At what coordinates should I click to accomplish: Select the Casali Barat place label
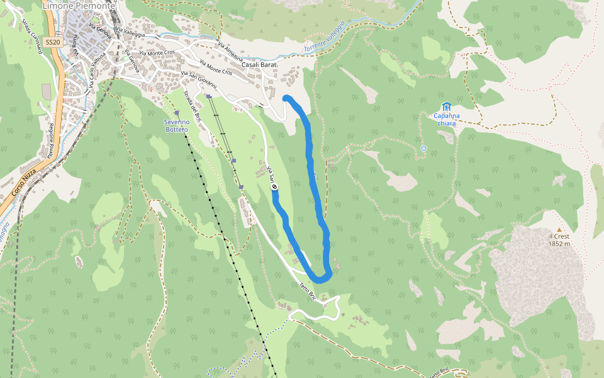(259, 64)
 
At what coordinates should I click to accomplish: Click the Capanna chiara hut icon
(447, 106)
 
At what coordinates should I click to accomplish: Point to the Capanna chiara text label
(447, 119)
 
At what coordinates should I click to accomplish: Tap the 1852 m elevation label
(559, 244)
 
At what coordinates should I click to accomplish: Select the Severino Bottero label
(176, 125)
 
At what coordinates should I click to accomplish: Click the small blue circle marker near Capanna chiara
(423, 149)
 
